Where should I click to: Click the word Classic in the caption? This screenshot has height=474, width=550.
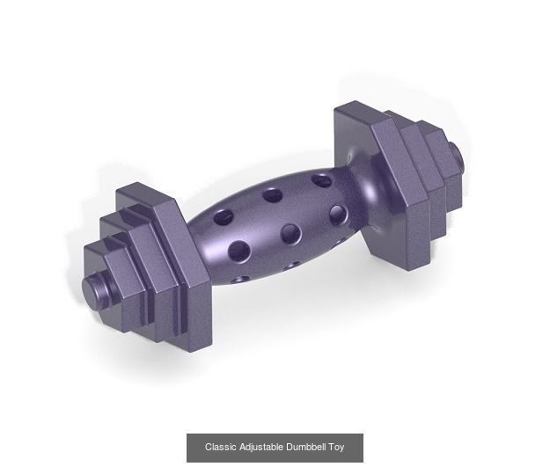tap(220, 448)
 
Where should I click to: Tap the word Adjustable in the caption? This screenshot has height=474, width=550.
tap(260, 448)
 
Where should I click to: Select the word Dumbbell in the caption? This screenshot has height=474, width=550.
tap(304, 448)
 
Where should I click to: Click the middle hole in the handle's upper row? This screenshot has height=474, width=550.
tap(272, 194)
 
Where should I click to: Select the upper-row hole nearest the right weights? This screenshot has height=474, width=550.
tap(321, 181)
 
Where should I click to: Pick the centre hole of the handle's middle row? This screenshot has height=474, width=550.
tap(290, 233)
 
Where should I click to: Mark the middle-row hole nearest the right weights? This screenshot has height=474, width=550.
tap(339, 214)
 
